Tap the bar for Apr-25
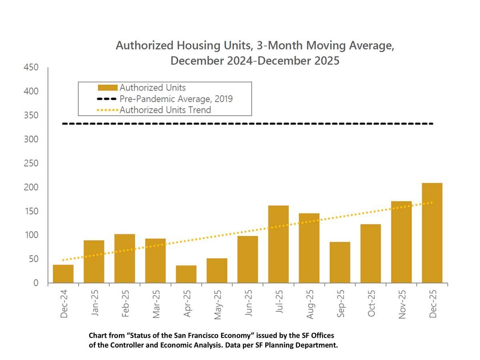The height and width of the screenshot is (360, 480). (x=186, y=274)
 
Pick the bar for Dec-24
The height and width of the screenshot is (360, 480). (x=63, y=274)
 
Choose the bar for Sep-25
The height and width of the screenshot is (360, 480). (x=340, y=262)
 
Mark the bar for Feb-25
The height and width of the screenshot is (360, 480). (x=125, y=258)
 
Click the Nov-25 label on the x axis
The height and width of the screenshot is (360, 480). (x=402, y=304)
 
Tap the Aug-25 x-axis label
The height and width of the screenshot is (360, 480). (x=310, y=304)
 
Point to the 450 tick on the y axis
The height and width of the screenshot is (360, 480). (x=30, y=68)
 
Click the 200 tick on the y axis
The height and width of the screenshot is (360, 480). (x=30, y=187)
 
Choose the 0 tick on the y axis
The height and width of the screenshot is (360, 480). (x=36, y=283)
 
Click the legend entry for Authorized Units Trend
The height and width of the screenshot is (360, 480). (x=165, y=110)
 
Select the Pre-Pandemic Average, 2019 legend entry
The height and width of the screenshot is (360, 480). (x=176, y=99)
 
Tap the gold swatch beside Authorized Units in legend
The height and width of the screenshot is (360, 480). (x=107, y=88)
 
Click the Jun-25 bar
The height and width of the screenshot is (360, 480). (x=248, y=259)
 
